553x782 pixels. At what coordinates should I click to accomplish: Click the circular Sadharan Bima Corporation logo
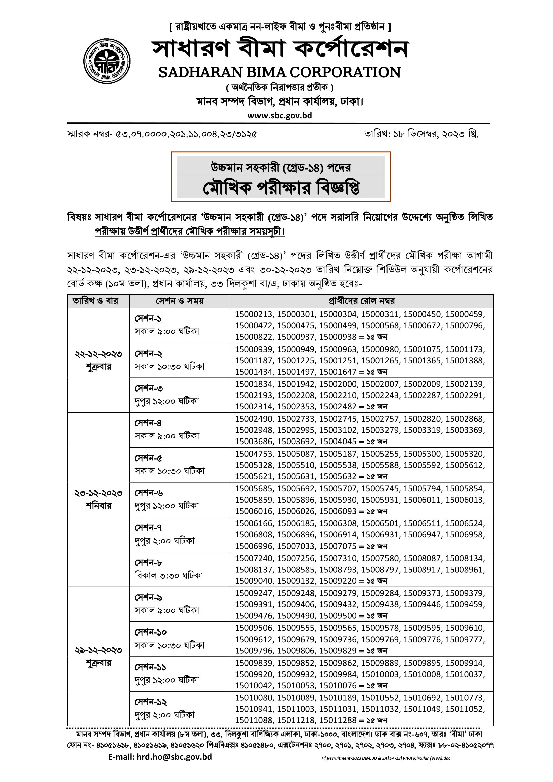pyautogui.click(x=107, y=61)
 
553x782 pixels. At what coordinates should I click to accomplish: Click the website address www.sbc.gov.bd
pyautogui.click(x=280, y=115)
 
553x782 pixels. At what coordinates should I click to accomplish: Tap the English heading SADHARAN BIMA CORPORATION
pyautogui.click(x=280, y=72)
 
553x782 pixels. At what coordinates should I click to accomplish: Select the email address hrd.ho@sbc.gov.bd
pyautogui.click(x=160, y=766)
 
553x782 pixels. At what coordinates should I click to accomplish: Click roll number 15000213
pyautogui.click(x=254, y=314)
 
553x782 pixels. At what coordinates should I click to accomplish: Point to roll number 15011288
pyautogui.click(x=338, y=720)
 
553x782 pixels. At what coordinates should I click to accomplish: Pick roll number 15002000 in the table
pyautogui.click(x=338, y=384)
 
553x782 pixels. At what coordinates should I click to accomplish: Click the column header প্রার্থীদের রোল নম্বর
pyautogui.click(x=361, y=301)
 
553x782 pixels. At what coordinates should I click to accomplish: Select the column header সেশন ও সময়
pyautogui.click(x=180, y=301)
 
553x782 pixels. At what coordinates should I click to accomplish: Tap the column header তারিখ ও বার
pyautogui.click(x=95, y=301)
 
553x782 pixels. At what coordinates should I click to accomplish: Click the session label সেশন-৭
pyautogui.click(x=148, y=527)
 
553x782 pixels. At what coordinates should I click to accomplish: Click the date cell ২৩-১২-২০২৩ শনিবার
pyautogui.click(x=98, y=499)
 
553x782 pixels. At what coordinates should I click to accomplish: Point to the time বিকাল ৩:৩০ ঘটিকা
pyautogui.click(x=169, y=575)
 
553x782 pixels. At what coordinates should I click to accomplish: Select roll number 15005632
pyautogui.click(x=338, y=476)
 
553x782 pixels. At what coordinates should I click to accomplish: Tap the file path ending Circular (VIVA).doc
pyautogui.click(x=385, y=768)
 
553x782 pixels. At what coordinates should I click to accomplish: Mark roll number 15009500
pyautogui.click(x=338, y=615)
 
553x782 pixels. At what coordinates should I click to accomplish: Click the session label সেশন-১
pyautogui.click(x=148, y=319)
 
